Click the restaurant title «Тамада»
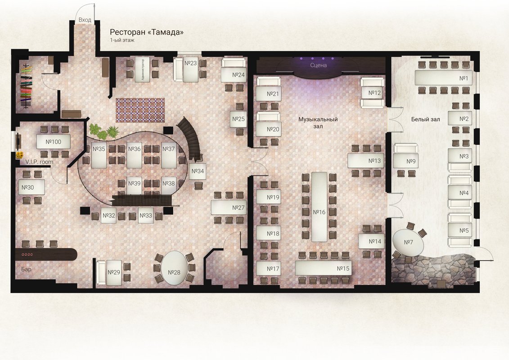(x=166, y=32)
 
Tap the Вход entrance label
(x=85, y=20)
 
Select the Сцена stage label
(x=319, y=65)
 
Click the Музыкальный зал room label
(x=318, y=122)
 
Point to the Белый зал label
(x=426, y=119)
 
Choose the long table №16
(x=319, y=207)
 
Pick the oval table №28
(x=174, y=268)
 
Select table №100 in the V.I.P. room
(x=53, y=142)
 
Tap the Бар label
(x=26, y=269)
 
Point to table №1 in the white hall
(x=443, y=78)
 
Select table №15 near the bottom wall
(x=324, y=268)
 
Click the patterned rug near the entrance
(x=140, y=110)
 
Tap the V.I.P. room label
(x=39, y=162)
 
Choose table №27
(x=229, y=207)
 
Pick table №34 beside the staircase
(x=198, y=171)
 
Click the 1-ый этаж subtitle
(x=122, y=40)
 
